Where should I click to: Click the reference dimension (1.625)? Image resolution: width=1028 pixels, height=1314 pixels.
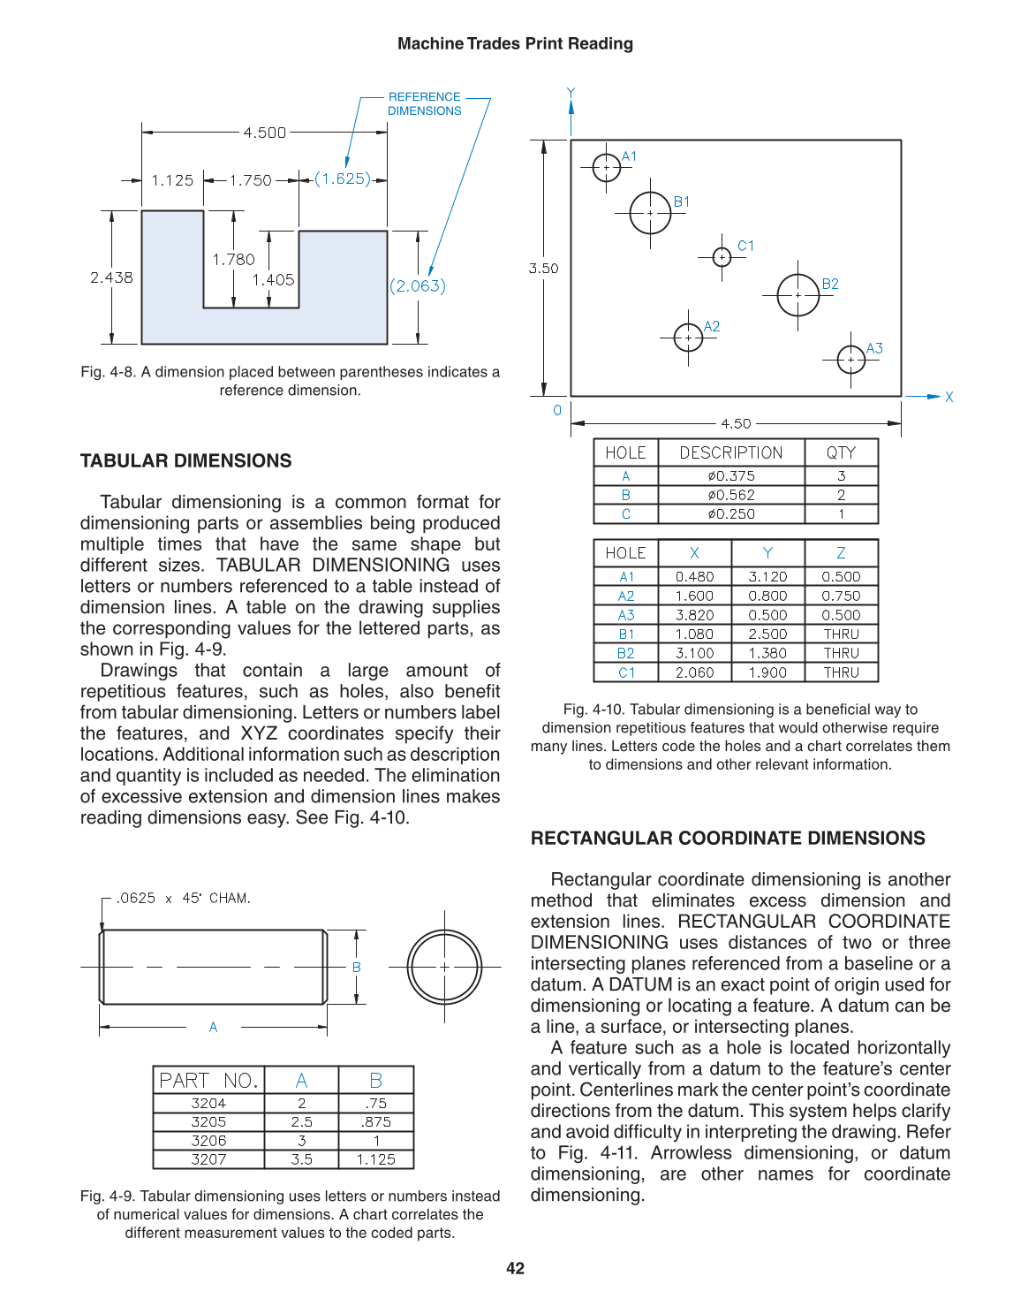coord(343,179)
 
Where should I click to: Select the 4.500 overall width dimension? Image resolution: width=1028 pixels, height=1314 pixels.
coord(264,133)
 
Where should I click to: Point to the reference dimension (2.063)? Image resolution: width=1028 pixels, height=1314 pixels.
coord(418,286)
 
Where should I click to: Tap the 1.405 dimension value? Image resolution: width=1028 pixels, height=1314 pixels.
coord(273,280)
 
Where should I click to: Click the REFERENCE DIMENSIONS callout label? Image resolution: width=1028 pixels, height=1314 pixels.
coord(424,104)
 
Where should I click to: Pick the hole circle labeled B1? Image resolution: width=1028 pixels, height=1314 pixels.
coord(650,213)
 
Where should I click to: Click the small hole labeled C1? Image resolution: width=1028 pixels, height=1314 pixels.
coord(722,257)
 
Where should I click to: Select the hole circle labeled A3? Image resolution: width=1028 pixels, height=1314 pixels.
coord(850,360)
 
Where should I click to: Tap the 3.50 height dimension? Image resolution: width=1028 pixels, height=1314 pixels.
coord(543,269)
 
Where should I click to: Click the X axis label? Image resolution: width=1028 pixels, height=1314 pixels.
coord(949,398)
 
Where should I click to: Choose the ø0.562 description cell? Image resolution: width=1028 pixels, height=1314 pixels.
coord(730,495)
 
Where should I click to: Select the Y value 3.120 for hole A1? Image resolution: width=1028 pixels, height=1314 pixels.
coord(767,577)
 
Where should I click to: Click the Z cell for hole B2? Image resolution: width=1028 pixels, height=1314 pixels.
coord(841,654)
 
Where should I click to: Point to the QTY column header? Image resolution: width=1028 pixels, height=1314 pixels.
coord(841,453)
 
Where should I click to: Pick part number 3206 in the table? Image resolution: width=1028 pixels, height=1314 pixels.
coord(208,1141)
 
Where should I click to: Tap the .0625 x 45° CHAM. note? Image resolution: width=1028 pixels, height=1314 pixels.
coord(184,899)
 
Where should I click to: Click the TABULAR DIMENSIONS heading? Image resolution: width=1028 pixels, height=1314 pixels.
coord(185,461)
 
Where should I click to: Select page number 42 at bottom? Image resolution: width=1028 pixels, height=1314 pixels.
coord(515,1269)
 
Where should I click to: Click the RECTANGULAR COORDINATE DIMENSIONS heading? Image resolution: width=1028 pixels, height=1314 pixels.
coord(728,839)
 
